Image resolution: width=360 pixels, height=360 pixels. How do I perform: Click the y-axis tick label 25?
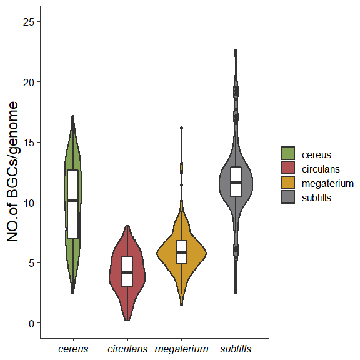29,22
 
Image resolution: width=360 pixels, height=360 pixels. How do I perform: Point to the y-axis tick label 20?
29,82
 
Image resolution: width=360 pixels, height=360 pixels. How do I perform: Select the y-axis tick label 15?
29,142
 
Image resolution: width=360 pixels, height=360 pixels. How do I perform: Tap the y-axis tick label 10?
29,202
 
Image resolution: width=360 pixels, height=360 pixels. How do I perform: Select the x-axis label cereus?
73,348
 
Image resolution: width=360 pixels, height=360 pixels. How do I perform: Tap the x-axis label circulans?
127,348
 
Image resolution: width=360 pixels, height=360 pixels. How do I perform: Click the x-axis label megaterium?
181,348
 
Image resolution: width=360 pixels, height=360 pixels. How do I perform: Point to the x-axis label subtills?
236,348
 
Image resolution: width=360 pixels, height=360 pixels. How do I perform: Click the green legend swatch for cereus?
288,154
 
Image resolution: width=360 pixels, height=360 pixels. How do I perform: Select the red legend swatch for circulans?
288,168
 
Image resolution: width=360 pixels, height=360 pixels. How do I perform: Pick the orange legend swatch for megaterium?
288,182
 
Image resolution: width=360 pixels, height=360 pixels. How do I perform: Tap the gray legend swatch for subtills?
288,197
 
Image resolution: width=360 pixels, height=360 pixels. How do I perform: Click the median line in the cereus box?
73,201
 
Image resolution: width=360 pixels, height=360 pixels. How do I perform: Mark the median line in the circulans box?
127,272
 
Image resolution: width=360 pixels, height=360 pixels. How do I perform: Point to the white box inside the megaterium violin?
181,252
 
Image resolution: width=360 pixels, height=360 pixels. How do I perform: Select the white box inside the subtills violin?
236,181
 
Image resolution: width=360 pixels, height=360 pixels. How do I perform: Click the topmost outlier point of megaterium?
181,127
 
